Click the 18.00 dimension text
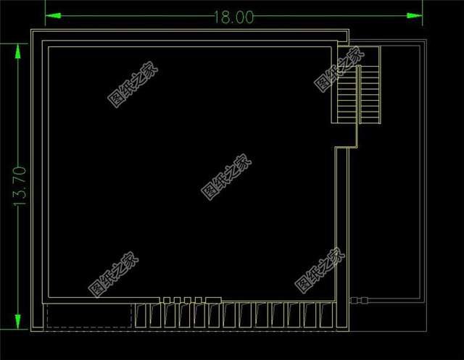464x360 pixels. pyautogui.click(x=233, y=17)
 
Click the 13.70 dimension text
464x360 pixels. pyautogui.click(x=20, y=186)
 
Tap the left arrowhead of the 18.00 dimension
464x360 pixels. pyautogui.click(x=53, y=16)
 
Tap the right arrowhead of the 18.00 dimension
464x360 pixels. pyautogui.click(x=415, y=16)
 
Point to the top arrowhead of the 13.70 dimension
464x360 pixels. pyautogui.click(x=17, y=51)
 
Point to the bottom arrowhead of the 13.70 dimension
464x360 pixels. pyautogui.click(x=17, y=322)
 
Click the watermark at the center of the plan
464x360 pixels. pyautogui.click(x=226, y=177)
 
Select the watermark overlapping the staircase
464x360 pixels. pyautogui.click(x=339, y=69)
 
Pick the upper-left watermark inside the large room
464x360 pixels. pyautogui.click(x=133, y=85)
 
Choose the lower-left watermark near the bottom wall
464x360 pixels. pyautogui.click(x=113, y=275)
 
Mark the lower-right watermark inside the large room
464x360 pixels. pyautogui.click(x=320, y=271)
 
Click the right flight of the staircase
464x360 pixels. pyautogui.click(x=370, y=94)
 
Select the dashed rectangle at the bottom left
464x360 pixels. pyautogui.click(x=89, y=316)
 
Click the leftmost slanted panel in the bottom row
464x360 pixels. pyautogui.click(x=141, y=315)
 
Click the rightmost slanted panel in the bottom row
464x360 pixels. pyautogui.click(x=326, y=315)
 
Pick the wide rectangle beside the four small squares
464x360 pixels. pyautogui.click(x=213, y=301)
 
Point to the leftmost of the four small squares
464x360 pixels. pyautogui.click(x=167, y=301)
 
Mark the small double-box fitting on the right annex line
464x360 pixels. pyautogui.click(x=359, y=301)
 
